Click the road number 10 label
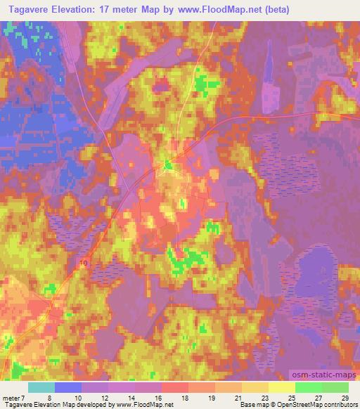pyautogui.click(x=84, y=263)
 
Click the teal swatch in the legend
pyautogui.click(x=41, y=388)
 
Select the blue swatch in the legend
pyautogui.click(x=68, y=388)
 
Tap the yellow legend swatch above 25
pyautogui.click(x=282, y=388)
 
